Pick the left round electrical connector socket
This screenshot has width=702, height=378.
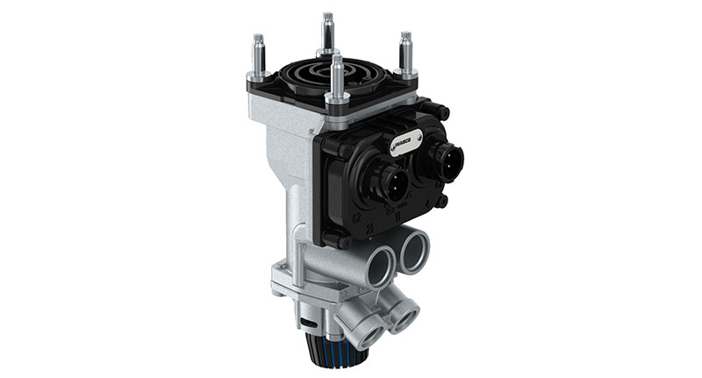tap(390, 181)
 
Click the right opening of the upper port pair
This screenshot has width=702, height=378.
tap(414, 253)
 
